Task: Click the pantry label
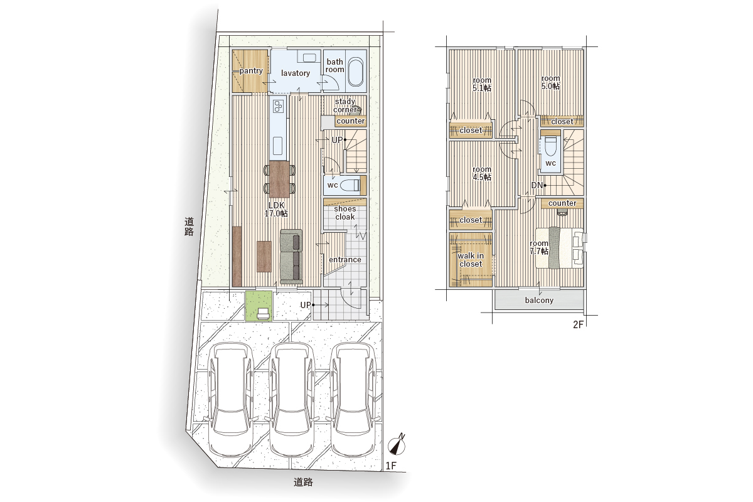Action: (x=251, y=71)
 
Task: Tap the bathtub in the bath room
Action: (x=355, y=72)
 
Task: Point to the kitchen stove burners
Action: (x=279, y=107)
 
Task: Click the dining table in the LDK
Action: (x=279, y=179)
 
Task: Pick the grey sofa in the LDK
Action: (x=291, y=257)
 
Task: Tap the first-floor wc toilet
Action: (x=349, y=185)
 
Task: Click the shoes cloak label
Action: (x=345, y=213)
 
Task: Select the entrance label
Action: (x=345, y=260)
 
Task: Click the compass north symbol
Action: (x=397, y=445)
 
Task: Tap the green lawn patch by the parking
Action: (x=259, y=306)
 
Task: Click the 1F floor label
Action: (x=391, y=466)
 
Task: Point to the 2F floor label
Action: (x=578, y=324)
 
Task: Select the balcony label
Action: (x=539, y=300)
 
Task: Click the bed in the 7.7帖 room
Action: (x=559, y=248)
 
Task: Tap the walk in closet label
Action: (x=471, y=260)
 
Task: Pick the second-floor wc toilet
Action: (x=550, y=146)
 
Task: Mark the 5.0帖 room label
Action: (x=550, y=82)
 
